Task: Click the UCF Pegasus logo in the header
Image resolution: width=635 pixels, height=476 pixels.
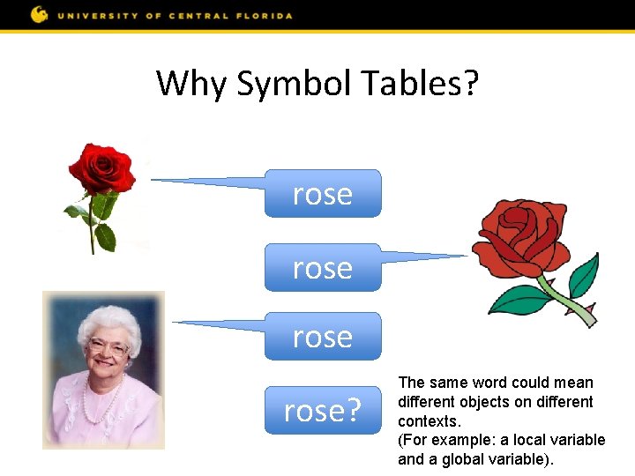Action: click(x=39, y=14)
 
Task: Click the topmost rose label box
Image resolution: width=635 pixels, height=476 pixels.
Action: click(x=323, y=193)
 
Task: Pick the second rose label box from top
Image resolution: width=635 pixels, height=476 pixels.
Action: click(x=323, y=267)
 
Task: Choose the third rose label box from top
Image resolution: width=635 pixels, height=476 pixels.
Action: click(x=323, y=336)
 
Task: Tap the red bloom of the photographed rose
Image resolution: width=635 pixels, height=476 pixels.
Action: click(x=101, y=168)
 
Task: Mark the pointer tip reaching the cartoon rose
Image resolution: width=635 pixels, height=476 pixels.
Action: click(x=465, y=257)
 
